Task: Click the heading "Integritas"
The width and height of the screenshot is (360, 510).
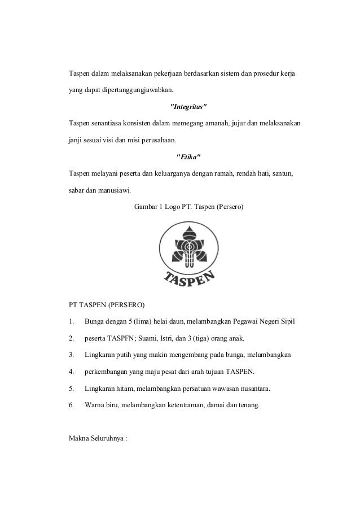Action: click(188, 106)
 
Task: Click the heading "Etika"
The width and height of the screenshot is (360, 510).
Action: click(188, 156)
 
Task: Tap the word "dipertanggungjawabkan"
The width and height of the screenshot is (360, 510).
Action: click(138, 90)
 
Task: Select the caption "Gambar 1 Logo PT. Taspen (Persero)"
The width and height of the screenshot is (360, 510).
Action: click(188, 207)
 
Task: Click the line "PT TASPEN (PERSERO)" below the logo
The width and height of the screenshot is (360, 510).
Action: click(107, 306)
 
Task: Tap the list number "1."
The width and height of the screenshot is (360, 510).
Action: click(71, 322)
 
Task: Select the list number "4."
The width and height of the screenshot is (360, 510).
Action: click(71, 372)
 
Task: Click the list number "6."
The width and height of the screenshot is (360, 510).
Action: click(71, 404)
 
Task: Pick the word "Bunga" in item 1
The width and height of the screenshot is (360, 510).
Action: click(94, 322)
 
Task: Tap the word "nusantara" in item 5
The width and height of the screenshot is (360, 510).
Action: click(244, 388)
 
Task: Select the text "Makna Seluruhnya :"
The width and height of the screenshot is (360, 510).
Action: click(99, 438)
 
